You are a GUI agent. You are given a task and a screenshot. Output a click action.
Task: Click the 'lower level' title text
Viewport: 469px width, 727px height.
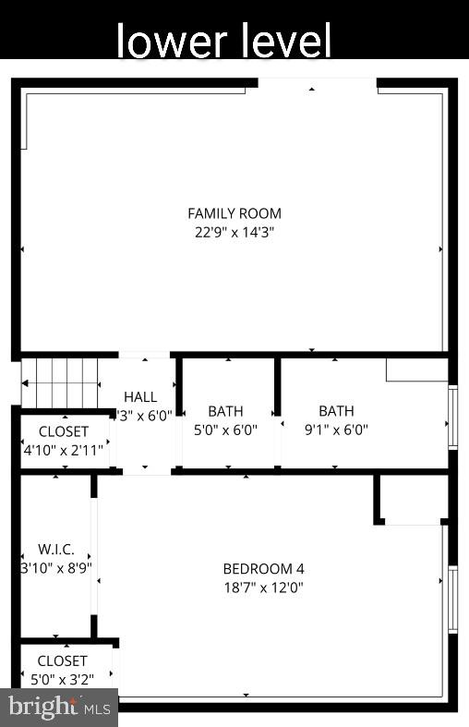[x=223, y=41]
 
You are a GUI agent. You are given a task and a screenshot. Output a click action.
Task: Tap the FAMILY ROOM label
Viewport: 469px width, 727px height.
[x=234, y=213]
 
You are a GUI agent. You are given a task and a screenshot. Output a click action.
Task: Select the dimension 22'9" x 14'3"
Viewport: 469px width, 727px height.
[x=234, y=233]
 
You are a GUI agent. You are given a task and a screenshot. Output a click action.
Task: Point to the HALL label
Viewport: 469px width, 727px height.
[x=140, y=396]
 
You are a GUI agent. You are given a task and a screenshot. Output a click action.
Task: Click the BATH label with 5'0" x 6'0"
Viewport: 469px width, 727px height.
[x=225, y=411]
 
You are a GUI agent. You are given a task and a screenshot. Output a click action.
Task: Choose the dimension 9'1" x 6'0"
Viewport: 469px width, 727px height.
[x=336, y=429]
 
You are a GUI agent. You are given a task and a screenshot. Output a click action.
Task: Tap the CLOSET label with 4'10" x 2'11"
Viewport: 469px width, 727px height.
[x=64, y=431]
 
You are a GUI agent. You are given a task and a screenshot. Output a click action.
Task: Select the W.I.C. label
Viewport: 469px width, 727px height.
[x=55, y=549]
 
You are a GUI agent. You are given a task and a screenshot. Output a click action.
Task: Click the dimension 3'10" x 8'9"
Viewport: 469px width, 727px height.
[x=56, y=567]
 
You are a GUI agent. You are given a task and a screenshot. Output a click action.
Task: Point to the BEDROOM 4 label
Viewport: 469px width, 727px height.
[x=263, y=568]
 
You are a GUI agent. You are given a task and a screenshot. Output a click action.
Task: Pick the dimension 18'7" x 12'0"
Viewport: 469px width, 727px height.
[x=263, y=587]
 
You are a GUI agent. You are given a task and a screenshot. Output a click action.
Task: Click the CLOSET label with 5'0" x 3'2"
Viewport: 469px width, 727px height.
[x=63, y=660]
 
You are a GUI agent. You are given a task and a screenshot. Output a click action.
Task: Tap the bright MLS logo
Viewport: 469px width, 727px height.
[x=59, y=708]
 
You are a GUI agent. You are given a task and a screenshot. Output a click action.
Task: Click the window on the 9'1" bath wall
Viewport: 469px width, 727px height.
[x=452, y=416]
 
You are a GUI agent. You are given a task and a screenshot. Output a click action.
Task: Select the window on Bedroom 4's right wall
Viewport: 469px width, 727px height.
[x=452, y=599]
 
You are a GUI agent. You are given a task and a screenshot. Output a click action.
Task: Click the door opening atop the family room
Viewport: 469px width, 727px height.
[x=317, y=85]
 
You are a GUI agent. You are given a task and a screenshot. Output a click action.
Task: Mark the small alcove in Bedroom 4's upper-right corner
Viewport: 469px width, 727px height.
[x=412, y=500]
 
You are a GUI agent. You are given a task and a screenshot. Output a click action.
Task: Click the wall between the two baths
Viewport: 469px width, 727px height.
[x=277, y=411]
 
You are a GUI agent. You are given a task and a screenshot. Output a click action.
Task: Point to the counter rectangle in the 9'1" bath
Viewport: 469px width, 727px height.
[x=416, y=370]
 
